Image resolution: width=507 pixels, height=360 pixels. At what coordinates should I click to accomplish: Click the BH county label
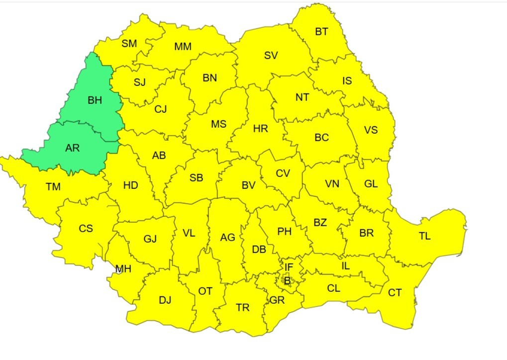(95, 100)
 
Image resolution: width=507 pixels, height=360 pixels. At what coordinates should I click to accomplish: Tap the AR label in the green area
(72, 148)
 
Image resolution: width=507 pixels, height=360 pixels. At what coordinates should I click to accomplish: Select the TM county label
(53, 187)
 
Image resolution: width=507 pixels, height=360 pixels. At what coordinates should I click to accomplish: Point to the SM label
(129, 43)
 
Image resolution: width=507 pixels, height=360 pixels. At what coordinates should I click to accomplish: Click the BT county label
(321, 32)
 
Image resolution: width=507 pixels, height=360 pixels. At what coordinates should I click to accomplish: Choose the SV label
(271, 56)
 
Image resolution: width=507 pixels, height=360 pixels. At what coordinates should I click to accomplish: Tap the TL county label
(424, 236)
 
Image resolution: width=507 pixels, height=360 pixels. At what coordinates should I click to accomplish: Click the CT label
(395, 293)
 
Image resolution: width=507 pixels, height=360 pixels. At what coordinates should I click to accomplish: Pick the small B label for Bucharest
(287, 281)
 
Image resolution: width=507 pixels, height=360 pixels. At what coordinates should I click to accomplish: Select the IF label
(289, 268)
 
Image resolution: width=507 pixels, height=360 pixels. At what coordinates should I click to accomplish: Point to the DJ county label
(165, 300)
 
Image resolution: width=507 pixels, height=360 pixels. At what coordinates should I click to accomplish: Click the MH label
(123, 269)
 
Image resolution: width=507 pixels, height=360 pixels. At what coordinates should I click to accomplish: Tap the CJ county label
(160, 109)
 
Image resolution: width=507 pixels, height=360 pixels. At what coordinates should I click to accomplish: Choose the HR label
(260, 129)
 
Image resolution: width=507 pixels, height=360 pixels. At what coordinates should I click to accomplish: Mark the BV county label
(248, 185)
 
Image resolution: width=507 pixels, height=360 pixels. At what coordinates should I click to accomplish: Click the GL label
(371, 183)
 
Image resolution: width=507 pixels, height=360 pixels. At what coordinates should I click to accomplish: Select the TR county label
(243, 308)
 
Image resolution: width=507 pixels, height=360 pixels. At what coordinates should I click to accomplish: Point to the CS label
(86, 229)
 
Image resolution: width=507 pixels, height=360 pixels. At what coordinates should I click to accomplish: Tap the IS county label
(347, 81)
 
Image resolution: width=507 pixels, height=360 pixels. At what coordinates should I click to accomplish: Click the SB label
(196, 178)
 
